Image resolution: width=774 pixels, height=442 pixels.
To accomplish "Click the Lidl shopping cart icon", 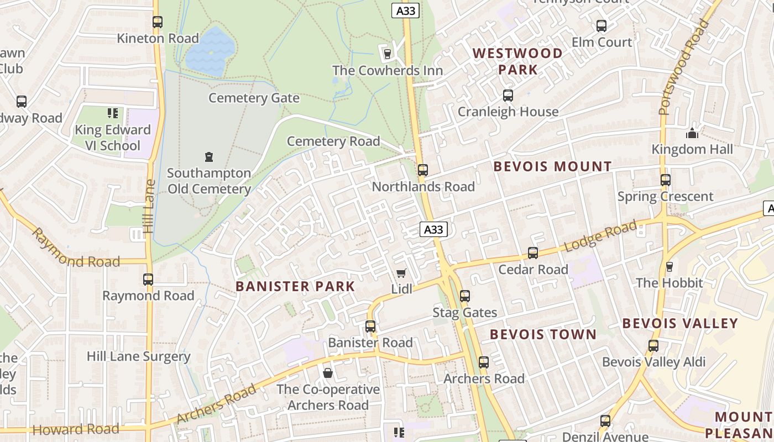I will (x=401, y=273).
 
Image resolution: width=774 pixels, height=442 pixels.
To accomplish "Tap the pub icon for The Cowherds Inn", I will (x=387, y=54).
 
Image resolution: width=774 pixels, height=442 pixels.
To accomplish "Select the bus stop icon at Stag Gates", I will (x=465, y=296).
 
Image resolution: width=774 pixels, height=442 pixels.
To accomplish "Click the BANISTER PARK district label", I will (x=295, y=286).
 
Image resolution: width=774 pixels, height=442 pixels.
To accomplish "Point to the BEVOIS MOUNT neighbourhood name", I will (x=552, y=166).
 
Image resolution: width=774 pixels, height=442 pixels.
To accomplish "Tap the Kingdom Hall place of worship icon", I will (x=692, y=133).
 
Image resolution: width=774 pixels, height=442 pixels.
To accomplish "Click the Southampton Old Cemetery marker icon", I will (x=209, y=157).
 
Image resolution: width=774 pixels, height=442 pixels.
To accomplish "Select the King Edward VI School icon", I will (x=113, y=113).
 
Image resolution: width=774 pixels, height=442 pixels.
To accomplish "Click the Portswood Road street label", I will (x=684, y=67).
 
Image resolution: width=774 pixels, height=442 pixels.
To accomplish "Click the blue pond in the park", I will (x=210, y=51).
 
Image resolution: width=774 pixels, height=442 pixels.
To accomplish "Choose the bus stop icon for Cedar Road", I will (x=533, y=253).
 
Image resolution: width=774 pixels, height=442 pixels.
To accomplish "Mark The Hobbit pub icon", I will (x=670, y=267).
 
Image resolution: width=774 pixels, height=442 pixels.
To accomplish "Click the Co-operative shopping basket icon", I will (x=328, y=373).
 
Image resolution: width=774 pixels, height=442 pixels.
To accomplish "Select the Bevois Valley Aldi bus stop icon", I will (x=653, y=346).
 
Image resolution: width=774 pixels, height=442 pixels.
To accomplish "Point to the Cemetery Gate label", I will (x=254, y=98).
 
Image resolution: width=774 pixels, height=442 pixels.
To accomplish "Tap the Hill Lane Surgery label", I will (x=138, y=356).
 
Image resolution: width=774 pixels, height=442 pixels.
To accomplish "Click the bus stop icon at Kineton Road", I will (x=158, y=22).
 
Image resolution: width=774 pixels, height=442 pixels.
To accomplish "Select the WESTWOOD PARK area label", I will (x=518, y=61).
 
